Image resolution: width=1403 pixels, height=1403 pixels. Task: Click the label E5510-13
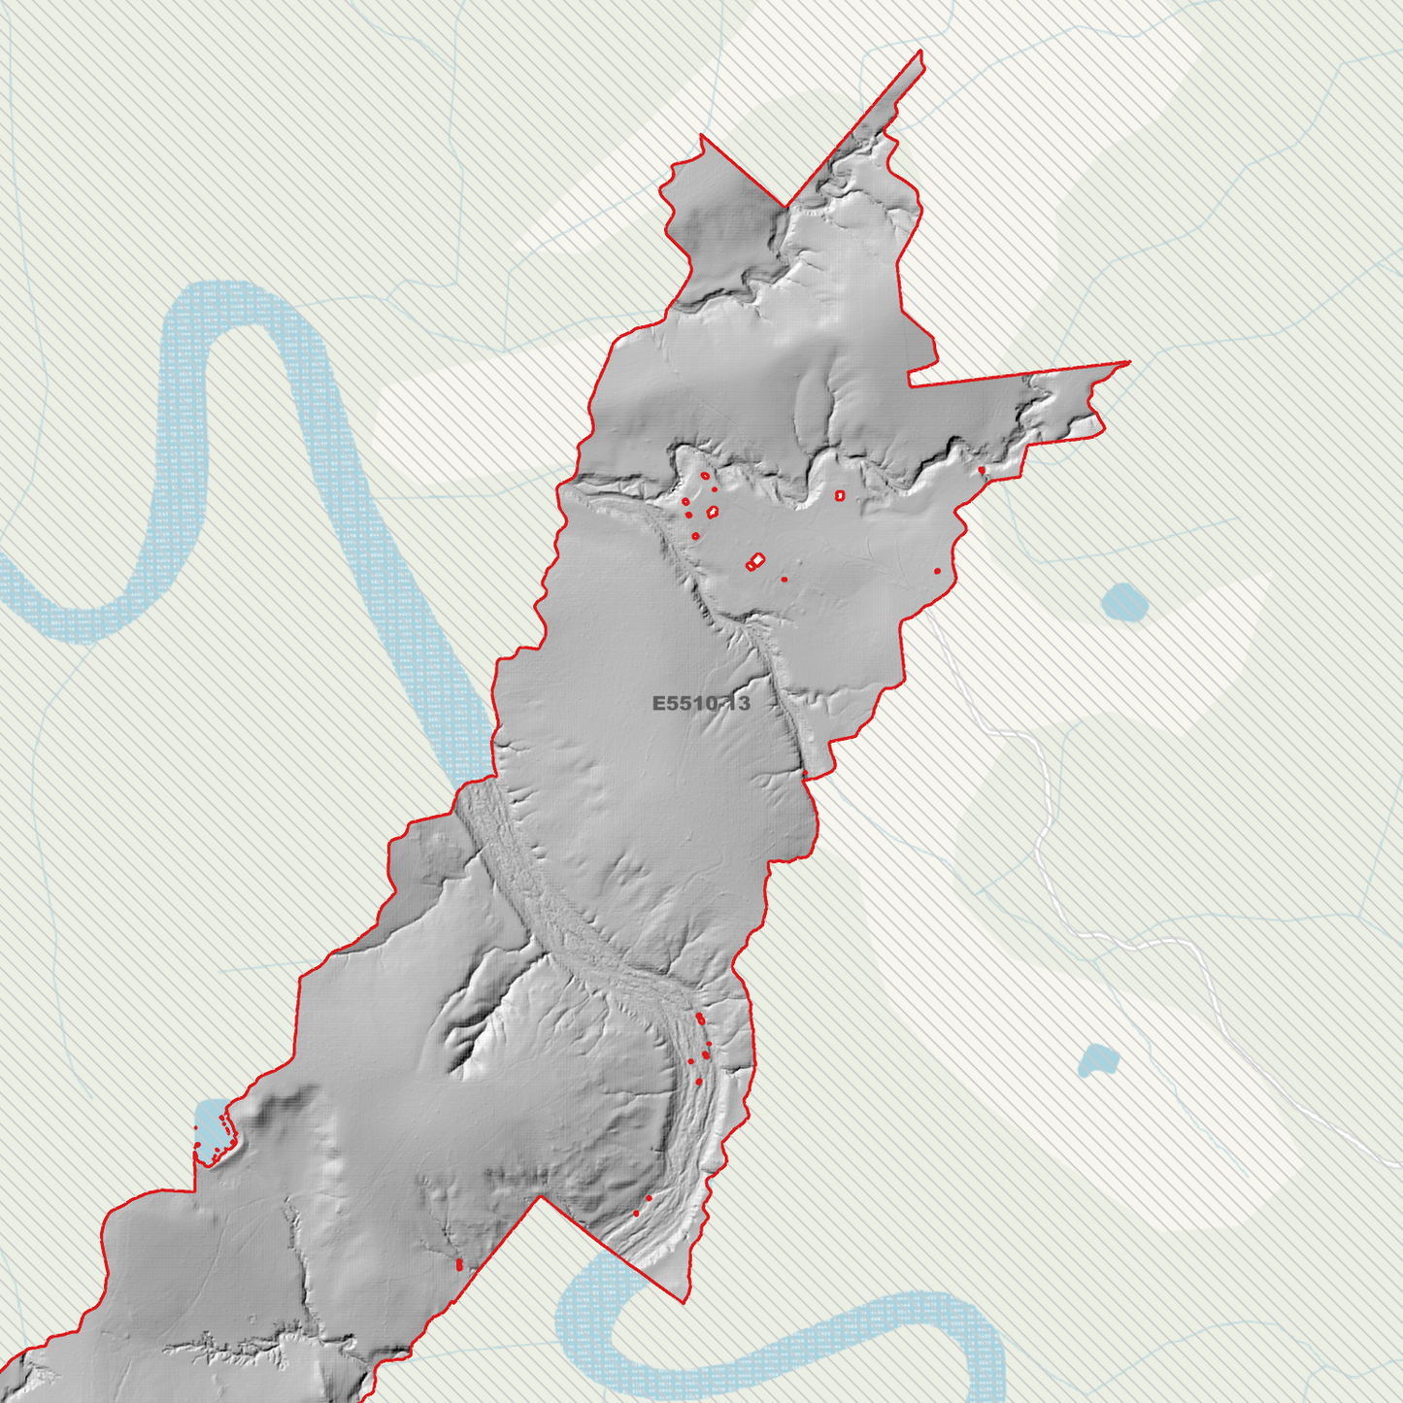(x=701, y=703)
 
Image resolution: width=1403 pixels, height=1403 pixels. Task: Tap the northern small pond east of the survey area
(x=1125, y=603)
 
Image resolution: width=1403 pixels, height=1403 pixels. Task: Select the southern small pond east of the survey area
(x=1098, y=1060)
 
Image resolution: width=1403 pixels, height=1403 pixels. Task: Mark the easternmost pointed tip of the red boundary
(x=1129, y=363)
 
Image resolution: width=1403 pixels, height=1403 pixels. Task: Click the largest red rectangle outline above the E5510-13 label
(x=755, y=560)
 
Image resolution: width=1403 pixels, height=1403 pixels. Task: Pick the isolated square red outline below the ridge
(x=840, y=495)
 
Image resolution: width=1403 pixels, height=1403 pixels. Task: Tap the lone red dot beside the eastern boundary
(x=937, y=571)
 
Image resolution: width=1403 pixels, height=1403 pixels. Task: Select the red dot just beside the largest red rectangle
(x=785, y=580)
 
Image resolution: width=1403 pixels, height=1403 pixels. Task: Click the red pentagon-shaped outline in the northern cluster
(x=713, y=511)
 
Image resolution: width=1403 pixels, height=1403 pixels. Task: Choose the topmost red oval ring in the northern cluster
(x=705, y=476)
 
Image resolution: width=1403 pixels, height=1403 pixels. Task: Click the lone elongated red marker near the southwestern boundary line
(x=458, y=1264)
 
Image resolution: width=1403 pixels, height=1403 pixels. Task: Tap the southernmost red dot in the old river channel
(x=636, y=1213)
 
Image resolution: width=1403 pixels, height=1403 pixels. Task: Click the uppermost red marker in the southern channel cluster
(x=699, y=1017)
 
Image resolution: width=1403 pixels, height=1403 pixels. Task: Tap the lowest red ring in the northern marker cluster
(x=695, y=536)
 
